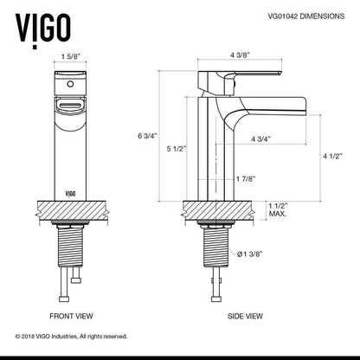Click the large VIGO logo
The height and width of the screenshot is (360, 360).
tap(43, 29)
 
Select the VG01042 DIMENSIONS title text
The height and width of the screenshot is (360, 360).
tap(306, 16)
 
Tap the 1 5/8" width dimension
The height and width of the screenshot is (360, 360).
tap(70, 56)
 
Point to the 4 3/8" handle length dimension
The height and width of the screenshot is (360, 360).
tap(240, 55)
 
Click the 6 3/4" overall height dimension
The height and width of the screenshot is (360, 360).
tap(147, 136)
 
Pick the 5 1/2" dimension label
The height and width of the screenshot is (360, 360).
tap(177, 149)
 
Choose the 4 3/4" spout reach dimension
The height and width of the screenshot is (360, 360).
tap(261, 139)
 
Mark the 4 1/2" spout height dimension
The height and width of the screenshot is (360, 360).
tap(332, 156)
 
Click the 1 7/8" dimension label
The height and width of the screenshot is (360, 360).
tap(246, 179)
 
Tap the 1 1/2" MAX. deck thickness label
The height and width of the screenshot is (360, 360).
tap(279, 210)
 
